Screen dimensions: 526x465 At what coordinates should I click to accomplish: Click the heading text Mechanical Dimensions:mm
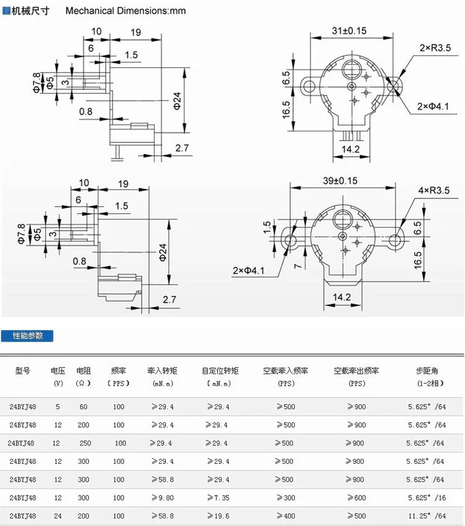[x=125, y=11]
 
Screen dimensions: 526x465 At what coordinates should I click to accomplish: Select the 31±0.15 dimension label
[x=349, y=30]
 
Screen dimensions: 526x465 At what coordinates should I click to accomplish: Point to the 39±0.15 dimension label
[x=340, y=180]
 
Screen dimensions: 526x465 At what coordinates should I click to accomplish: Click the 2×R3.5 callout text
[x=435, y=48]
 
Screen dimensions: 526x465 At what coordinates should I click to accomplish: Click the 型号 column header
[x=22, y=371]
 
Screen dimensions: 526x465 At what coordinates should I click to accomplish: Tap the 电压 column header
[x=58, y=371]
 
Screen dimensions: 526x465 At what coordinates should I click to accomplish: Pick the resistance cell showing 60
[x=83, y=407]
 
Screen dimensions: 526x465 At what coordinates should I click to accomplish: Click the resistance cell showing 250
[x=85, y=443]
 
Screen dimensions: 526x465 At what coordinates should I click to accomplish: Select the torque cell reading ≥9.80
[x=163, y=498]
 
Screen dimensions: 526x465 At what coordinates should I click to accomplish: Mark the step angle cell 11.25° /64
[x=427, y=516]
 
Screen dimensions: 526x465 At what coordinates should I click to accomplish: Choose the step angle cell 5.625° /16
[x=427, y=498]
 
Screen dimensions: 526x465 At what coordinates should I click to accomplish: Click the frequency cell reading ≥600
[x=356, y=498]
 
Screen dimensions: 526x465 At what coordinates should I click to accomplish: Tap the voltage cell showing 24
[x=58, y=516]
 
